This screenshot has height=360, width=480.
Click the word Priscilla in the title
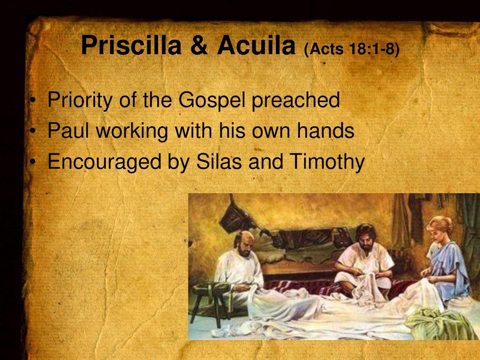[x=131, y=45]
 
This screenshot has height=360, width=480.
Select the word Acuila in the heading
[x=256, y=45]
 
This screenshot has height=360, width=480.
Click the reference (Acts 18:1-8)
[x=352, y=49]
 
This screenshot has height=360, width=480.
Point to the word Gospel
[x=212, y=100]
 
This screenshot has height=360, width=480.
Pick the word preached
[x=296, y=100]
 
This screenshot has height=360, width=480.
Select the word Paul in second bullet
[x=68, y=130]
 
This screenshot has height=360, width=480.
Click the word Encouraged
[x=104, y=162]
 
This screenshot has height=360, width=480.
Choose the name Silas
[x=219, y=161]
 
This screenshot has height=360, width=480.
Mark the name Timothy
[x=327, y=162]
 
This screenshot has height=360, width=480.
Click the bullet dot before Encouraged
[x=33, y=162]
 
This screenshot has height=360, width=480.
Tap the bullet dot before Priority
[x=33, y=101]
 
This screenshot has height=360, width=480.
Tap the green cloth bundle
[x=438, y=324]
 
